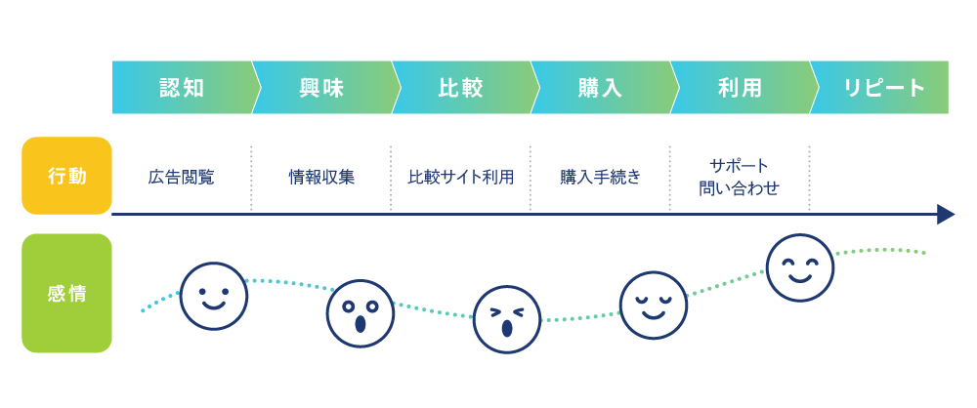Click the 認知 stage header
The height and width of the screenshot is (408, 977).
pyautogui.click(x=182, y=88)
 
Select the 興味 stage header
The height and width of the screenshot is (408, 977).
pyautogui.click(x=321, y=88)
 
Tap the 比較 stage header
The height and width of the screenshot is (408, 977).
pyautogui.click(x=460, y=88)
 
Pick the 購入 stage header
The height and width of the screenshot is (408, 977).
pyautogui.click(x=600, y=88)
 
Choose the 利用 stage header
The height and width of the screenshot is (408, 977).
pyautogui.click(x=740, y=88)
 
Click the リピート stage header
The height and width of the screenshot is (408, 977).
pyautogui.click(x=883, y=88)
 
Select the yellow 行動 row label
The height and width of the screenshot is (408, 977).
pyautogui.click(x=66, y=176)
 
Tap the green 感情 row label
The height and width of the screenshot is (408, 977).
pyautogui.click(x=66, y=293)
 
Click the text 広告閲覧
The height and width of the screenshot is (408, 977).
pyautogui.click(x=182, y=178)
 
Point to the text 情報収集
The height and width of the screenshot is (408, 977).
pyautogui.click(x=321, y=178)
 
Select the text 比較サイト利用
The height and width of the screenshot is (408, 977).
pyautogui.click(x=460, y=178)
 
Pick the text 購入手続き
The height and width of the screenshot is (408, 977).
pyautogui.click(x=600, y=178)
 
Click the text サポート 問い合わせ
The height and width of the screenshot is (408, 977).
pyautogui.click(x=740, y=177)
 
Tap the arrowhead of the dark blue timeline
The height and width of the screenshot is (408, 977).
pyautogui.click(x=945, y=215)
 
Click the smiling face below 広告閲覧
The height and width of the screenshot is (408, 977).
pyautogui.click(x=214, y=296)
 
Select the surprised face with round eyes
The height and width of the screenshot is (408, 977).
pyautogui.click(x=359, y=313)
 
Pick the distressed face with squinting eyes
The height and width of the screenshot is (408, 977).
pyautogui.click(x=506, y=319)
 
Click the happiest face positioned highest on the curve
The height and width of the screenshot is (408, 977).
pyautogui.click(x=800, y=267)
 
